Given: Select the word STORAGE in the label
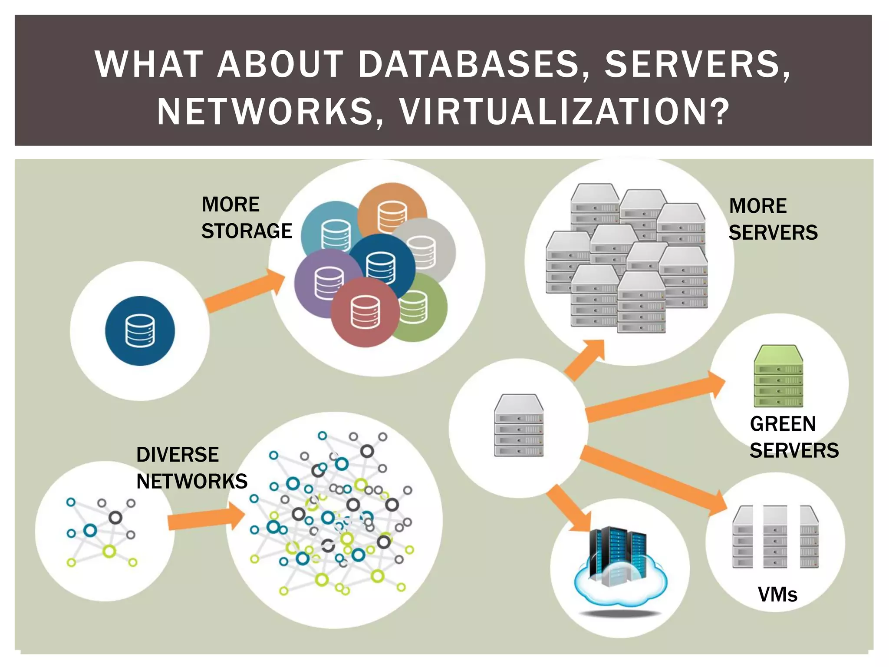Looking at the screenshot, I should tap(247, 231).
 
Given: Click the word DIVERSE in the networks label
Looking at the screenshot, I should tap(178, 455).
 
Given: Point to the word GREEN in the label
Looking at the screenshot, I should tap(783, 424).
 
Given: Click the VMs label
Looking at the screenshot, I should tap(777, 594).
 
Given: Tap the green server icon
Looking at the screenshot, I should tap(778, 376).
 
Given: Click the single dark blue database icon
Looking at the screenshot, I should tap(140, 331).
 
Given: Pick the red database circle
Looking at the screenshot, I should tap(365, 313).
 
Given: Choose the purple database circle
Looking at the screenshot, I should tap(323, 282).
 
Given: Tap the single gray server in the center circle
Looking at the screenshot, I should tap(519, 426).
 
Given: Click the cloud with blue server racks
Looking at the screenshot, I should tap(620, 569).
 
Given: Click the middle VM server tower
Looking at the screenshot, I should tap(775, 537).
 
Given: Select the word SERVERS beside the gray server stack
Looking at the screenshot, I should tap(773, 233).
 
